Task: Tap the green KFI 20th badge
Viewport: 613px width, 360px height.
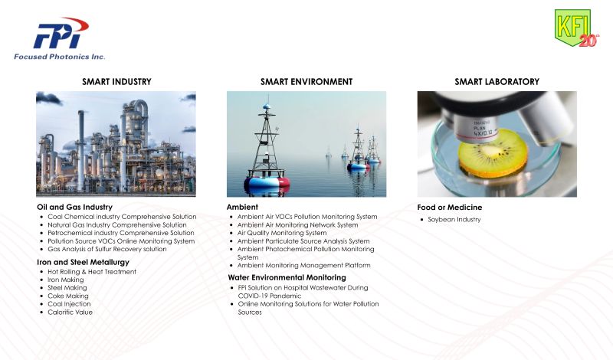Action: coord(576,28)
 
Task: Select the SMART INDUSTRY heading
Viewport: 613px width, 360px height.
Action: coord(116,82)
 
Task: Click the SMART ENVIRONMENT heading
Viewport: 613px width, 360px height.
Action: coord(306,82)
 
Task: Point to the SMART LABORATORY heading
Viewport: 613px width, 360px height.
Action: coord(497,82)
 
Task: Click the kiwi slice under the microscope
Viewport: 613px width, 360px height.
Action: coord(493,153)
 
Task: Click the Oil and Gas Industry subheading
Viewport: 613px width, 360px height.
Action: coord(74,207)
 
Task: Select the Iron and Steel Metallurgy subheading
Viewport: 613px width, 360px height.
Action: coord(83,262)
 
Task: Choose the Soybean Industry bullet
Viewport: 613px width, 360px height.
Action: coord(454,219)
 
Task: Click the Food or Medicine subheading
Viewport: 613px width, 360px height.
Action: coord(450,207)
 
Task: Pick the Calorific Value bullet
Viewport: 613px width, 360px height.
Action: coord(70,312)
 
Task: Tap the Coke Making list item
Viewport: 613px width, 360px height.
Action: coord(68,296)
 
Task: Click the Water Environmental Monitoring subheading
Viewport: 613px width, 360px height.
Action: coord(287,277)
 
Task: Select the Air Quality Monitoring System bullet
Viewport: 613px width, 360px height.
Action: coord(282,233)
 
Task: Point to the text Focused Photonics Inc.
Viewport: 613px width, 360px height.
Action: coord(60,57)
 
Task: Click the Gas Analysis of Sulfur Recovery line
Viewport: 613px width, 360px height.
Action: coord(107,249)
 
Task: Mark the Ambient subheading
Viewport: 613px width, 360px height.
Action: coord(242,207)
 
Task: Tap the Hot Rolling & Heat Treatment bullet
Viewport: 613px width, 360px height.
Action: coord(92,272)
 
